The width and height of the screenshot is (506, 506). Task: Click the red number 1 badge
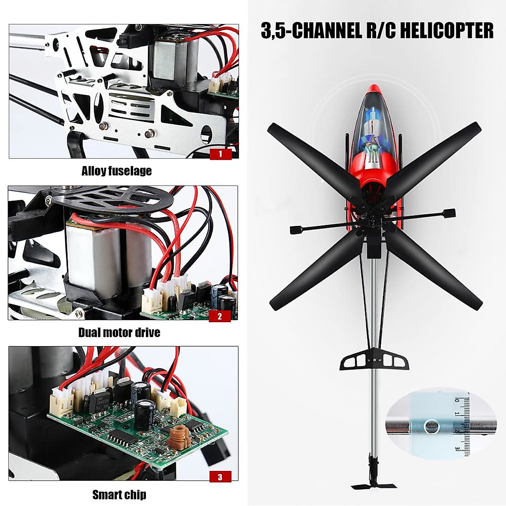pos(221,154)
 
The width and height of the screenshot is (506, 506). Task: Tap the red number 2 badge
pos(220,316)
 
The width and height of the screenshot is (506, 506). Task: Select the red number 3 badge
pos(220,477)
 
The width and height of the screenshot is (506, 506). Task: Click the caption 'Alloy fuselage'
pos(116,171)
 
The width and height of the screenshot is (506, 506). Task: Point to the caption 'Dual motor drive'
pos(119,333)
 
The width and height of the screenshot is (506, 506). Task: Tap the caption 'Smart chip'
pos(119,494)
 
